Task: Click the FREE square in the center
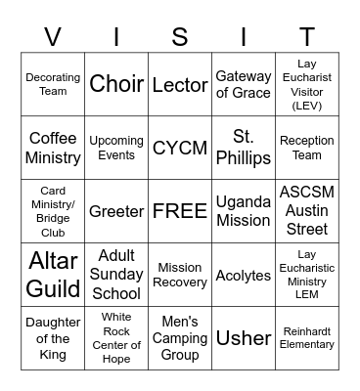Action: (180, 211)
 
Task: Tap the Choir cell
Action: (116, 84)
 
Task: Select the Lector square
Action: (180, 84)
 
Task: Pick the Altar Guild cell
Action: (53, 275)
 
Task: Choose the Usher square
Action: (244, 338)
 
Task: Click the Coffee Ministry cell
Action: (53, 148)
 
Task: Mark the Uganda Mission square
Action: (244, 211)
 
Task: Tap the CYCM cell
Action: (180, 148)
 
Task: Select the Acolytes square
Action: (244, 275)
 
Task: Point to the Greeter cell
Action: (116, 211)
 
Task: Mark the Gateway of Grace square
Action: (244, 84)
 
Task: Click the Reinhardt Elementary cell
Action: (307, 338)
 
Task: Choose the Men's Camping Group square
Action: (180, 338)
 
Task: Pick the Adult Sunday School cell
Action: (116, 275)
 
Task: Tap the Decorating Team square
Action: (53, 84)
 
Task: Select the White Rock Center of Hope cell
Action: (116, 338)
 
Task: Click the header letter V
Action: (53, 37)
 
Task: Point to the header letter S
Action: (180, 37)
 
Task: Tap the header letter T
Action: (307, 37)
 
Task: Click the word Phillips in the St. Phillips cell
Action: (244, 157)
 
